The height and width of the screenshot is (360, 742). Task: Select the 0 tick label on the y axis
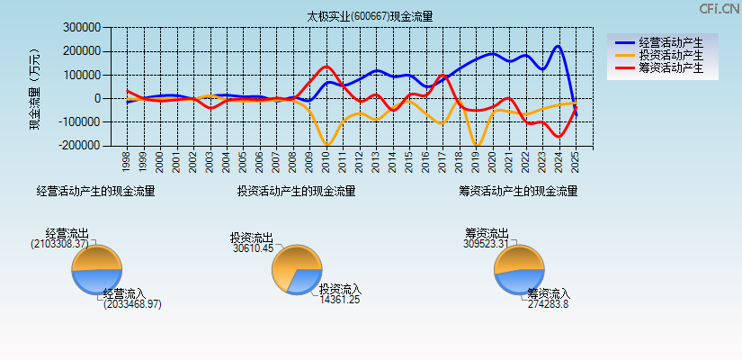click(x=95, y=98)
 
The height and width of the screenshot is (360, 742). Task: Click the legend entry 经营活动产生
click(x=670, y=42)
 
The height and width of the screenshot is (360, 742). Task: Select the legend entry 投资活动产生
click(x=670, y=55)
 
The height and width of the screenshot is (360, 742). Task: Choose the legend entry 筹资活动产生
click(x=670, y=67)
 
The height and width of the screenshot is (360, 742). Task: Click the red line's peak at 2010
click(x=326, y=66)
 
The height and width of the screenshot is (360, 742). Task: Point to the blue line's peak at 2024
click(x=559, y=46)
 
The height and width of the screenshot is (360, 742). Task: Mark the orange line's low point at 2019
click(x=476, y=144)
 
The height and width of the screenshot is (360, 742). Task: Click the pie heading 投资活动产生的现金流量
click(x=296, y=191)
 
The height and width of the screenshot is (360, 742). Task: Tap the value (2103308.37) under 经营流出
click(x=60, y=244)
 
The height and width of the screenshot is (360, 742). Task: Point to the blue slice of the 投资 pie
click(x=307, y=280)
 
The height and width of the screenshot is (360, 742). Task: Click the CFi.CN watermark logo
click(x=719, y=9)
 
